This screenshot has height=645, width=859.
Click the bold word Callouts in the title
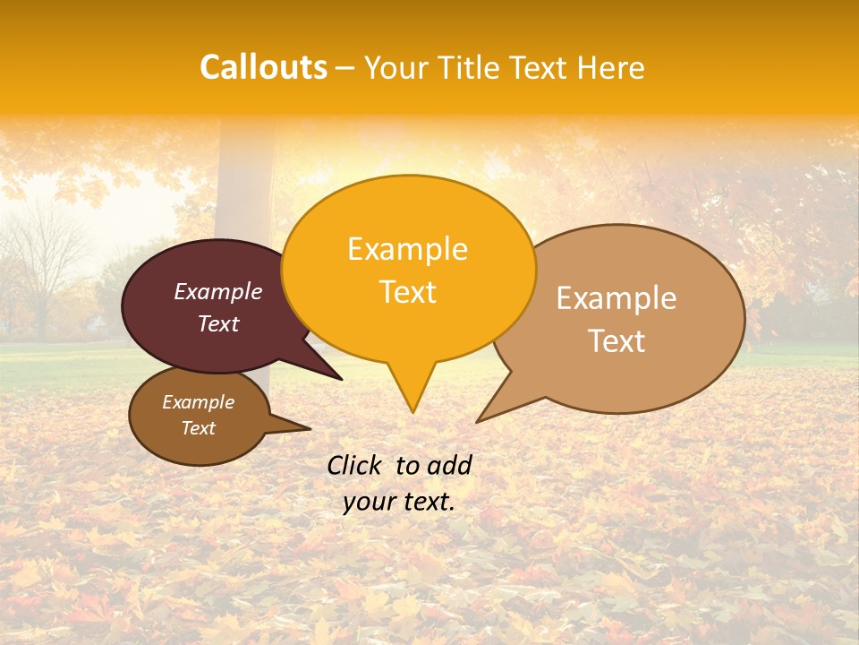[x=263, y=67]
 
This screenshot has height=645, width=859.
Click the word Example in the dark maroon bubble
[x=218, y=291]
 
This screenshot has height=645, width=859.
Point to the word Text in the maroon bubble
[x=218, y=323]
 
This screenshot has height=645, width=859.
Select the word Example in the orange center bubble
[x=407, y=249]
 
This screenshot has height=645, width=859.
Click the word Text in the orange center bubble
[x=407, y=292]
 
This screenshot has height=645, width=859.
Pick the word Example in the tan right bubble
[x=617, y=298]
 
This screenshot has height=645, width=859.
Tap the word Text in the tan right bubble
[x=617, y=341]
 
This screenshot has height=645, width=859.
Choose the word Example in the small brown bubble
[x=198, y=402]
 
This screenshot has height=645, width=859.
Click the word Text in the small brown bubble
[x=198, y=428]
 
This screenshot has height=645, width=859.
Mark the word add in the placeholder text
[x=449, y=465]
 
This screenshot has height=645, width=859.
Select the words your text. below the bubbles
[x=399, y=502]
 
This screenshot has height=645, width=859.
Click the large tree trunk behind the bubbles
[x=243, y=179]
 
